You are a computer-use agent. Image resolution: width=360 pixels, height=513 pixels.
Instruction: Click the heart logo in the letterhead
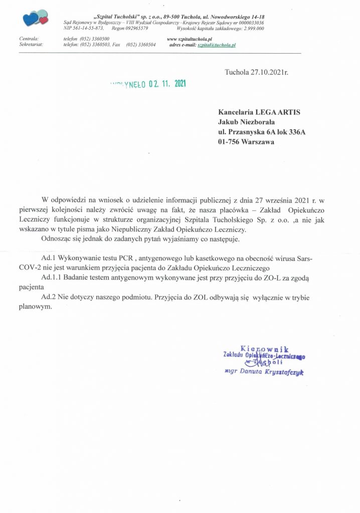[35, 19]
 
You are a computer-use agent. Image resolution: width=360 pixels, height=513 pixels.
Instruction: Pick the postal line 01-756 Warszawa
[246, 141]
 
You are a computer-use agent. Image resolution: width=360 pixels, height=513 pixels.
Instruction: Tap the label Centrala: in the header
[29, 39]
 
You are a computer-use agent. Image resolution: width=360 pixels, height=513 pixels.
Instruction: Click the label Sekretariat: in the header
[31, 45]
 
